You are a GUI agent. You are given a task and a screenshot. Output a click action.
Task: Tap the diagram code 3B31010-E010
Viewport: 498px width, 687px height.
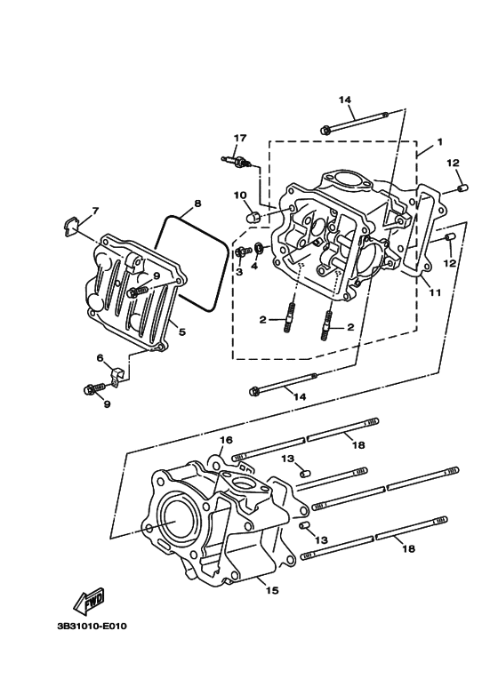92,626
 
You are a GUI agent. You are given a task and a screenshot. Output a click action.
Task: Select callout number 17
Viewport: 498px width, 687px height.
240,138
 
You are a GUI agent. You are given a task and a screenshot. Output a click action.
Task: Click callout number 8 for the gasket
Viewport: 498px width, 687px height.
197,204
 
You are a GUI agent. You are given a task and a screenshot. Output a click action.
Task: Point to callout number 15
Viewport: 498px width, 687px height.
272,591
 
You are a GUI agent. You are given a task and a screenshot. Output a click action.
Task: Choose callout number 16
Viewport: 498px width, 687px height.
226,439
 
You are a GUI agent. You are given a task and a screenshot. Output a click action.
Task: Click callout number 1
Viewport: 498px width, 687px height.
439,142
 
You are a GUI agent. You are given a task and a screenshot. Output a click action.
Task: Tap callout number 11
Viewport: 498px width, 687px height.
435,292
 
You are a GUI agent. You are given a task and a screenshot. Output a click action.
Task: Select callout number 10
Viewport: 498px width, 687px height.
240,195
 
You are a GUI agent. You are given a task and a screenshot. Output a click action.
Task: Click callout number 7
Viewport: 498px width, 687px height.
95,212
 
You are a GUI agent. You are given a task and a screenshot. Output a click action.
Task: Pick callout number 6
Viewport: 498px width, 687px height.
100,358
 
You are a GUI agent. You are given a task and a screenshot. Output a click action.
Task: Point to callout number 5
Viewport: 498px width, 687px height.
182,332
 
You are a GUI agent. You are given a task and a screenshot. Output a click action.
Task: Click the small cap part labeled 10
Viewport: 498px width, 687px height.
253,217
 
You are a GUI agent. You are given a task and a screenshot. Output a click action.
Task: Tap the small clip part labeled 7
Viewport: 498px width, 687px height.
68,227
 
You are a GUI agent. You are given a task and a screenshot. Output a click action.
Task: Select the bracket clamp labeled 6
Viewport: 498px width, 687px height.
116,377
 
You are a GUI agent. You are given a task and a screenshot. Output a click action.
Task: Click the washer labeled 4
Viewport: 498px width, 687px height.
259,250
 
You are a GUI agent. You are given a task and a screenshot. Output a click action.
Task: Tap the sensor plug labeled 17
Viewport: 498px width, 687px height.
237,162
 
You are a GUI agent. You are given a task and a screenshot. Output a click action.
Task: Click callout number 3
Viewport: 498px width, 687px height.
239,272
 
